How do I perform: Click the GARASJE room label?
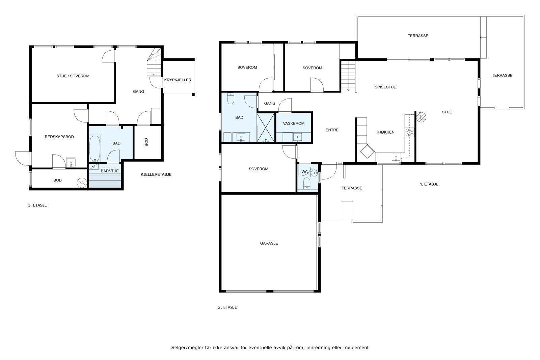click(269, 243)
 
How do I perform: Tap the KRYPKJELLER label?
click(178, 80)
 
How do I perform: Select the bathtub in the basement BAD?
click(95, 148)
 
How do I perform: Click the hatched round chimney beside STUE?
click(422, 117)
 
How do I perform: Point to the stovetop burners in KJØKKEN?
click(409, 132)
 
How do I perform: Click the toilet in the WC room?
click(307, 184)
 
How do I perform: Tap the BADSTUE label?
click(110, 171)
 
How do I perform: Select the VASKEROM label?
click(294, 123)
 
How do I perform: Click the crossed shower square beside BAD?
click(266, 128)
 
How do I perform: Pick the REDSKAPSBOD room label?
click(59, 137)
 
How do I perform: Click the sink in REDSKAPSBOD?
click(71, 162)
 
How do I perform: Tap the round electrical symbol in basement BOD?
click(82, 183)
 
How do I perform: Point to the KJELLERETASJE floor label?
click(156, 174)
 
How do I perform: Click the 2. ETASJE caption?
click(227, 307)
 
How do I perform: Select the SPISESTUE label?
click(385, 87)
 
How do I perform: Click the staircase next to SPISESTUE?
click(348, 76)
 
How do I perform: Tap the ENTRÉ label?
click(332, 130)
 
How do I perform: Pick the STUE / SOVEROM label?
click(73, 76)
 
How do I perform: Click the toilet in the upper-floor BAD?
click(231, 99)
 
